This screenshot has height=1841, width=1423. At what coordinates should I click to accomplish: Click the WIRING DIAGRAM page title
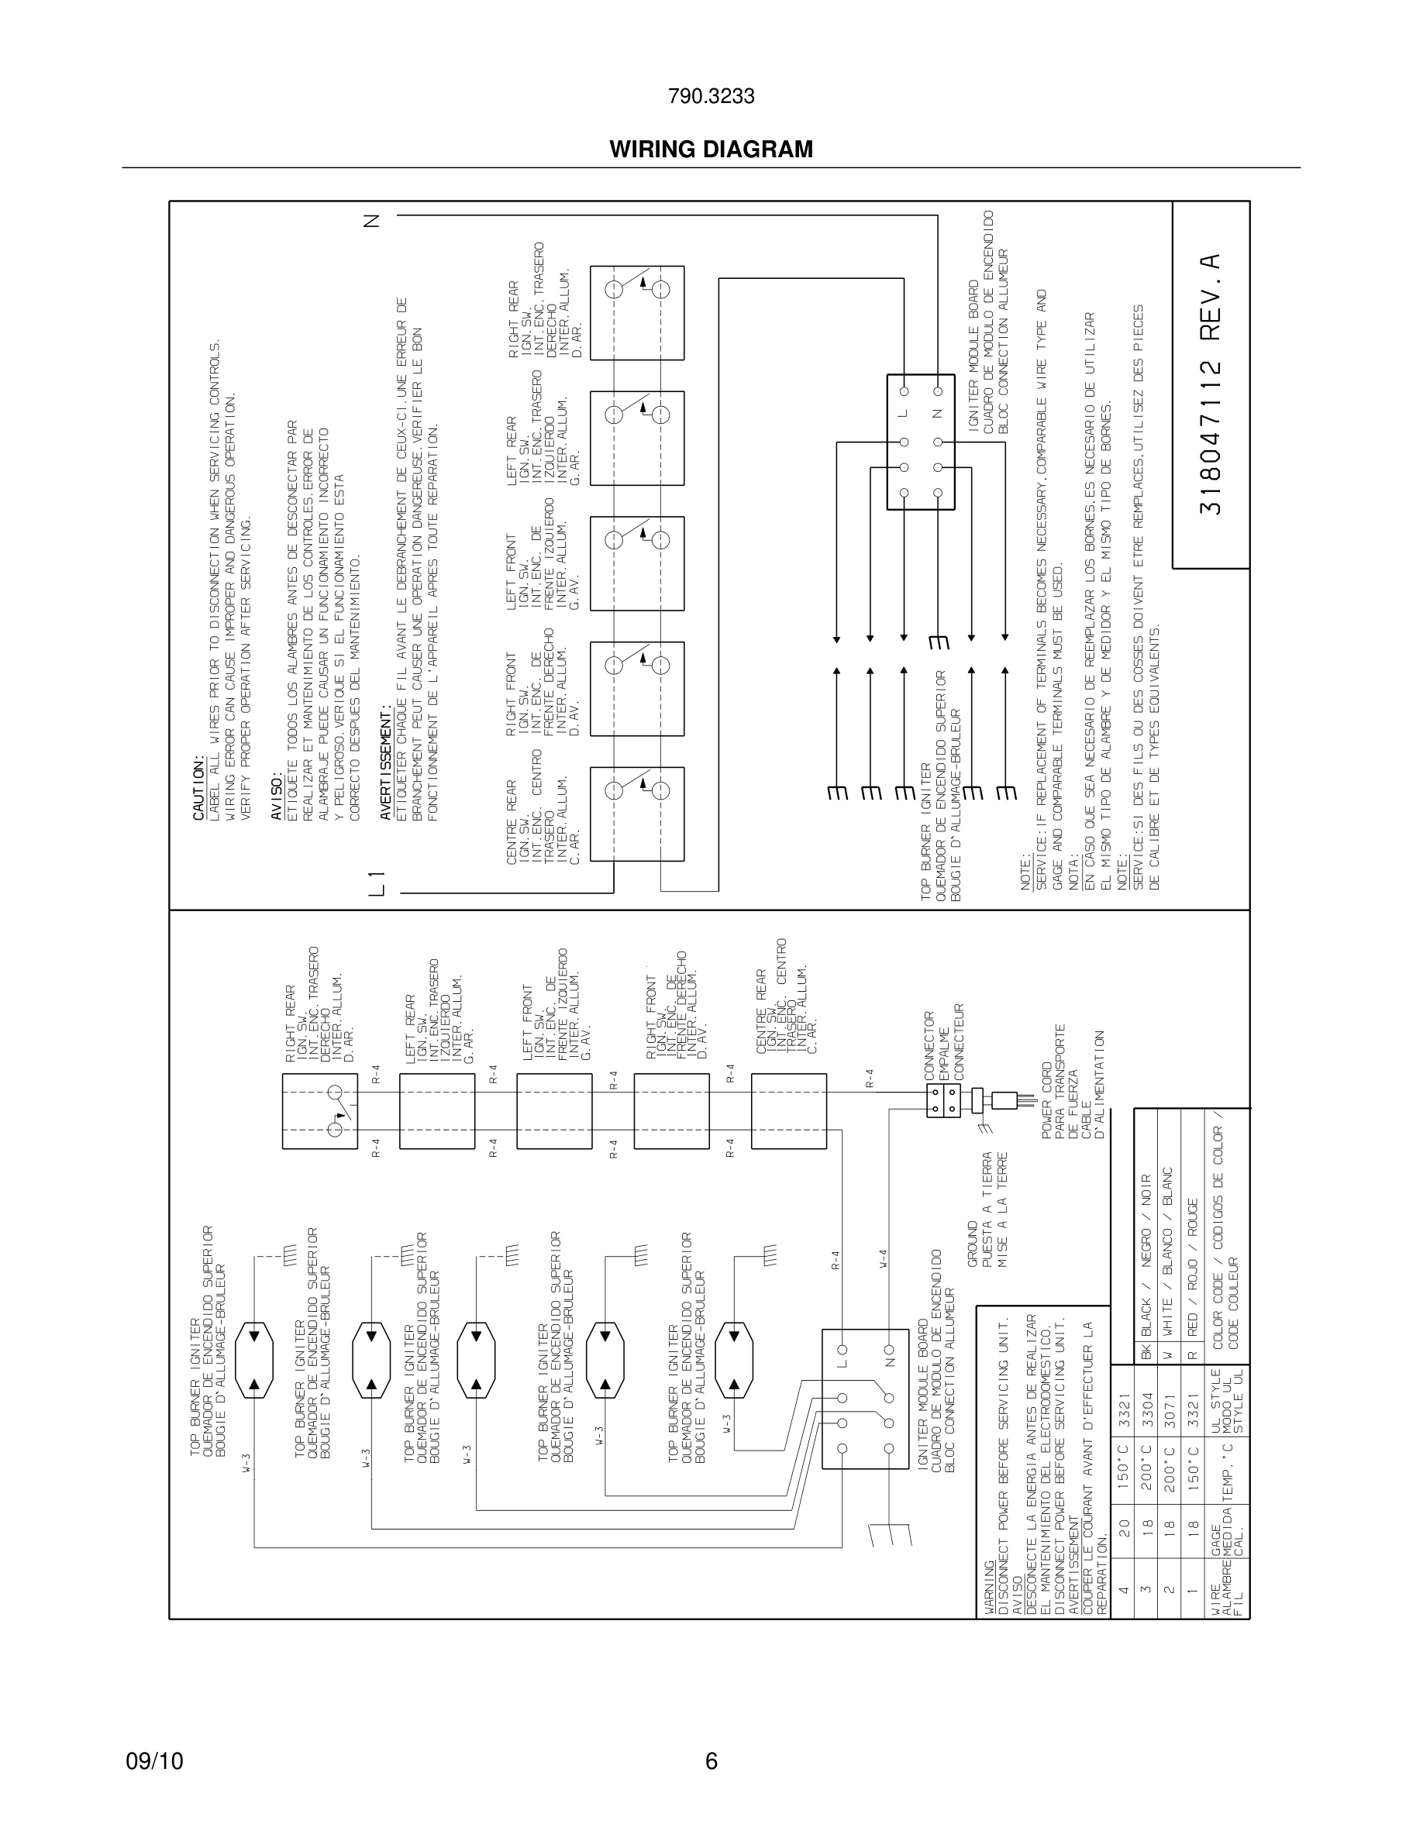[x=711, y=150]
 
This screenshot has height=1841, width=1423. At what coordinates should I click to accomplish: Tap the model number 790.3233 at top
[x=711, y=97]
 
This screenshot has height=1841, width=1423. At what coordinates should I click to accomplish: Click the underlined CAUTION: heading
[x=199, y=788]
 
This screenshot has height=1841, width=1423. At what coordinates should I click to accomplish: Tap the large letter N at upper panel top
[x=372, y=221]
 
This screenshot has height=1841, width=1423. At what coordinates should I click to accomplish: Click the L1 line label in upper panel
[x=377, y=883]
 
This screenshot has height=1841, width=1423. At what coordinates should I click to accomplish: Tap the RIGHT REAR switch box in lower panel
[x=319, y=1111]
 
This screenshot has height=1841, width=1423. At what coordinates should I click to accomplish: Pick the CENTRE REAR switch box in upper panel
[x=636, y=814]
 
